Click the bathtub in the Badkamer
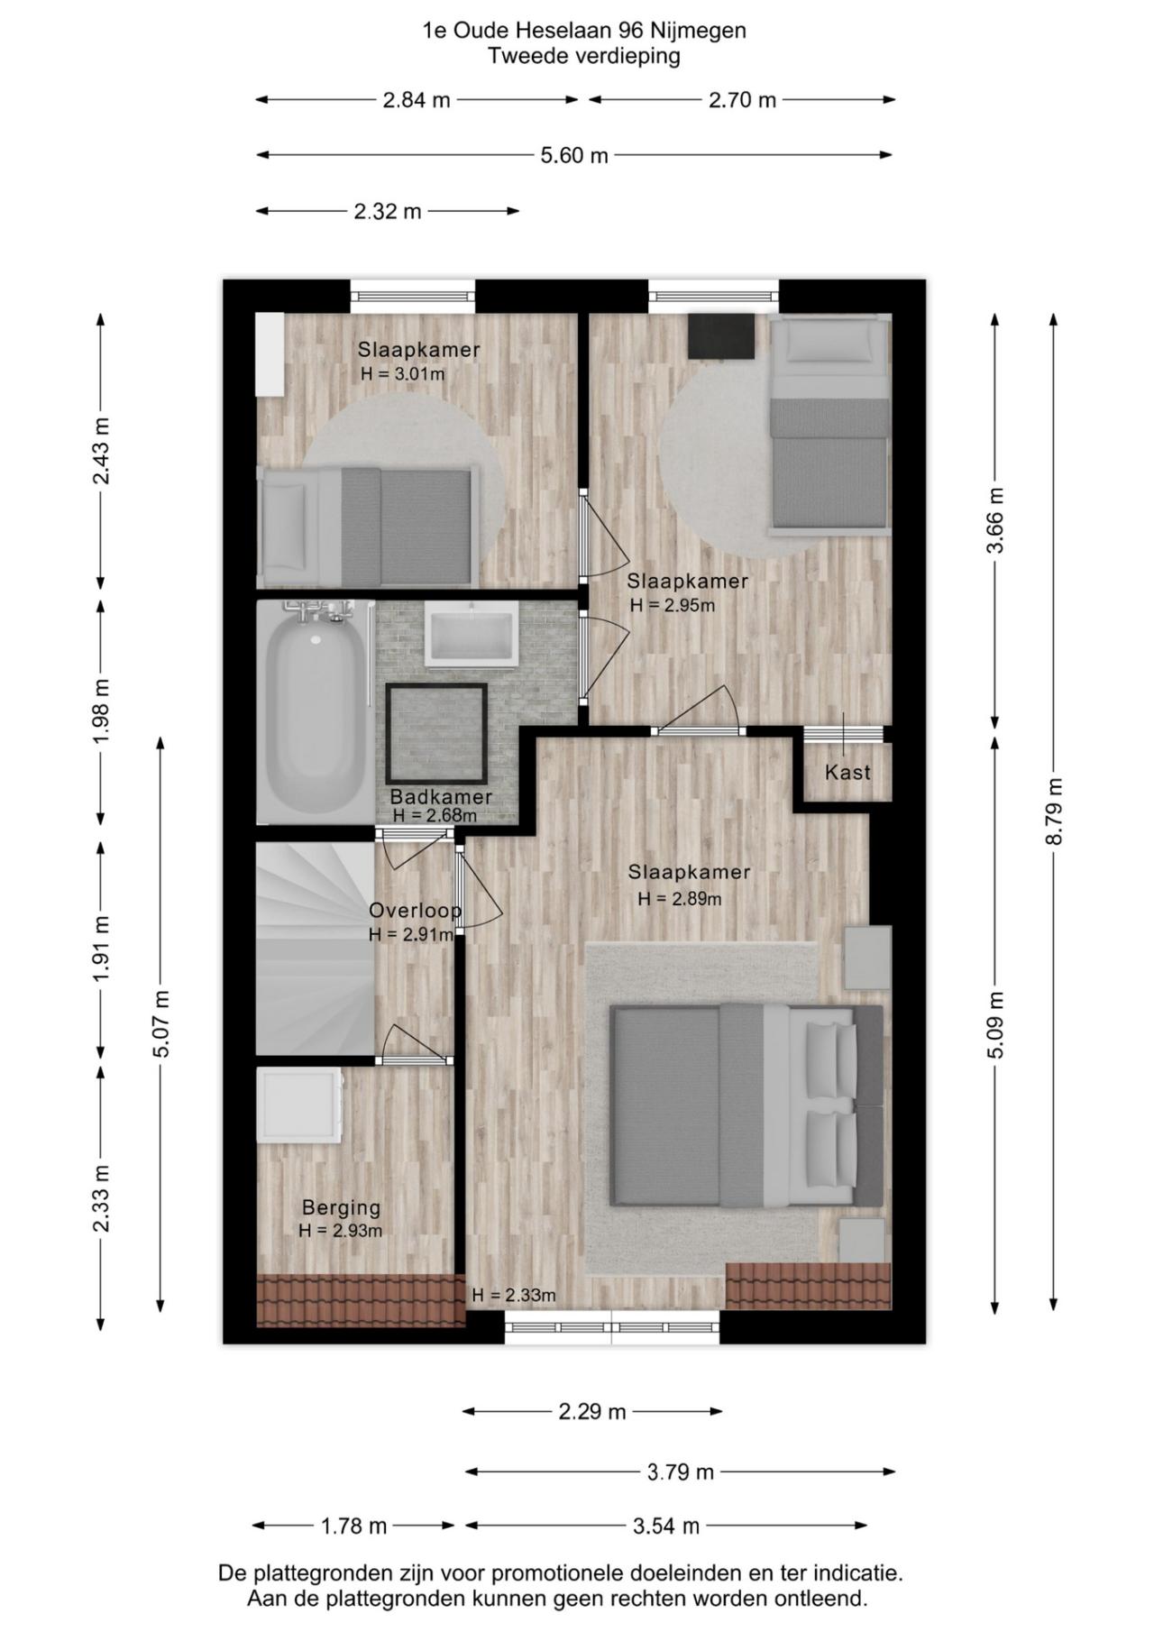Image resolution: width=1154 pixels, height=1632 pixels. click(x=315, y=712)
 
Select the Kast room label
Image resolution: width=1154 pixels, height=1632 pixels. click(x=847, y=773)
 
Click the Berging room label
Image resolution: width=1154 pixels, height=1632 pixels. click(x=341, y=1207)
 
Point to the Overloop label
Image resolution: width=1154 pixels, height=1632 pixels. click(x=415, y=911)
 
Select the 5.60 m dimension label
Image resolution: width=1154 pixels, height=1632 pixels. click(x=574, y=155)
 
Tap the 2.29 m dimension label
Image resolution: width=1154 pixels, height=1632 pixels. click(x=591, y=1411)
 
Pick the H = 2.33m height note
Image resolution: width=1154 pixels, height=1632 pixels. click(x=513, y=1296)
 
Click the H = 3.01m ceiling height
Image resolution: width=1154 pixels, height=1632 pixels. click(x=402, y=374)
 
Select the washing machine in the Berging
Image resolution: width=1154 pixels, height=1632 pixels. click(x=299, y=1105)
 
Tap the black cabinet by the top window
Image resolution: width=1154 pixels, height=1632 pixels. click(x=721, y=335)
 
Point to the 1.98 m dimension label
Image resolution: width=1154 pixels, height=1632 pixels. click(x=101, y=711)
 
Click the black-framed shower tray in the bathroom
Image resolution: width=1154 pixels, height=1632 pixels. click(x=436, y=734)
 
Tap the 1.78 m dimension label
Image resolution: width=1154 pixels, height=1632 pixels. click(x=353, y=1526)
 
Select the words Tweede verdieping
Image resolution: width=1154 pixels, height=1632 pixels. click(x=583, y=56)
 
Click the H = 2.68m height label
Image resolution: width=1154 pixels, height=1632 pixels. click(x=435, y=816)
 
